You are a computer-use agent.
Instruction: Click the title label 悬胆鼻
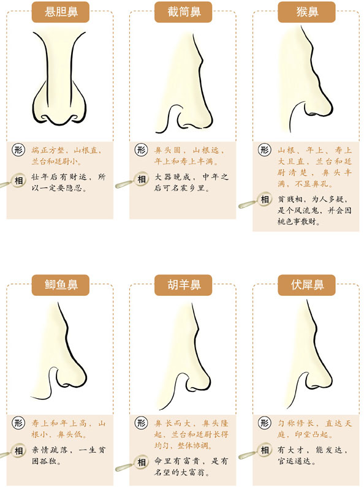coord(59,11)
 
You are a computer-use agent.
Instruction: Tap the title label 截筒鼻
coord(182,11)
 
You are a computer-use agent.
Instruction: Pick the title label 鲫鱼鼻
coord(59,285)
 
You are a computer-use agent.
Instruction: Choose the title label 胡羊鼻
coord(182,285)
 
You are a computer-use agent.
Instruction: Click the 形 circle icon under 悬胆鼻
coord(19,149)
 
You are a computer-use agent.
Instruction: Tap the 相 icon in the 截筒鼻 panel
coord(142,179)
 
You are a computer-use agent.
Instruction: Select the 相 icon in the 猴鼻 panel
coord(265,199)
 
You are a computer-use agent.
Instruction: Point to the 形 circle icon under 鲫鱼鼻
coord(19,423)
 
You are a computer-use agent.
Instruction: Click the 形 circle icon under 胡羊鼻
coord(142,423)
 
